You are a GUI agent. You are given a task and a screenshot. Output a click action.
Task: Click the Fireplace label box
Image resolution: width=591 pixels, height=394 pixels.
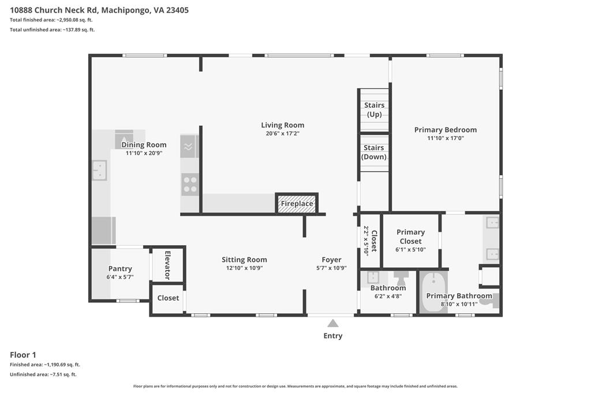pyautogui.click(x=297, y=204)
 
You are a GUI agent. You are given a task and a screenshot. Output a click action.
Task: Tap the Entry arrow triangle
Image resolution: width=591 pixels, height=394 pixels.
pyautogui.click(x=332, y=323)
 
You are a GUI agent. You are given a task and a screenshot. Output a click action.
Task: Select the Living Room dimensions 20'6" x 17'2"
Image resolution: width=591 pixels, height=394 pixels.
pyautogui.click(x=283, y=133)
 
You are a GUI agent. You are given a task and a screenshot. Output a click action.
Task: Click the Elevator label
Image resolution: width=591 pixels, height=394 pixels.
pyautogui.click(x=168, y=265)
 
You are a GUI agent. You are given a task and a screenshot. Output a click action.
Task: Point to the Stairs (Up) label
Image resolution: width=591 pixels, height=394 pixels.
pyautogui.click(x=374, y=110)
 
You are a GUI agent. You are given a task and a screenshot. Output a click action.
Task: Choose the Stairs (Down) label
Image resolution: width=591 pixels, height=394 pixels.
pyautogui.click(x=374, y=152)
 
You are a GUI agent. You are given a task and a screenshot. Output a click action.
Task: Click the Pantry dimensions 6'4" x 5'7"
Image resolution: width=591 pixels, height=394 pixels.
pyautogui.click(x=120, y=277)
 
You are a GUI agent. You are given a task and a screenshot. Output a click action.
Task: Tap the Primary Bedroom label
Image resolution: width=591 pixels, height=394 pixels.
pyautogui.click(x=446, y=130)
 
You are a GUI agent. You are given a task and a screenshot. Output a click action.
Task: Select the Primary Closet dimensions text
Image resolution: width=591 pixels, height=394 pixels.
pyautogui.click(x=410, y=249)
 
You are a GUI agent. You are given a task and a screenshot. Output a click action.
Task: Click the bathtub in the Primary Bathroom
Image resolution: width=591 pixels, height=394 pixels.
pyautogui.click(x=434, y=292)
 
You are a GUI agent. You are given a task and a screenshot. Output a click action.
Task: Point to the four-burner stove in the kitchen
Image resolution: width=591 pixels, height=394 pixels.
pyautogui.click(x=189, y=185)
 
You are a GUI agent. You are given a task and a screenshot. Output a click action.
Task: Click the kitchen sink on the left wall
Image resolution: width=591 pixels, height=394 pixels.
pyautogui.click(x=100, y=170)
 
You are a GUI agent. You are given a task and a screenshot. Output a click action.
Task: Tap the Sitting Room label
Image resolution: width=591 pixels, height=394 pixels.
pyautogui.click(x=244, y=260)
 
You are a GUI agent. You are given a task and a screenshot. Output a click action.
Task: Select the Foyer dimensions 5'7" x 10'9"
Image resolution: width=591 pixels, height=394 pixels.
pyautogui.click(x=331, y=268)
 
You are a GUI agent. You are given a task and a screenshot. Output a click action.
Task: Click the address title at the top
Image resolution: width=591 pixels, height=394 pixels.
pyautogui.click(x=99, y=10)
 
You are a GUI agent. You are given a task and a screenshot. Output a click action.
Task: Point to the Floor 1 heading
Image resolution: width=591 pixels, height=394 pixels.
pyautogui.click(x=23, y=355)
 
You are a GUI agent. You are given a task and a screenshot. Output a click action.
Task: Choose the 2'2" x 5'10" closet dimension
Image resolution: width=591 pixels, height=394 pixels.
pyautogui.click(x=366, y=241)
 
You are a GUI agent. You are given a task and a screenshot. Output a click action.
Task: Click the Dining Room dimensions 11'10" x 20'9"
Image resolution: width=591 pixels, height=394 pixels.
pyautogui.click(x=144, y=153)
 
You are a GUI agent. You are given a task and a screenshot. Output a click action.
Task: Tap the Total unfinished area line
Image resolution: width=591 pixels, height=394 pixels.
pyautogui.click(x=53, y=30)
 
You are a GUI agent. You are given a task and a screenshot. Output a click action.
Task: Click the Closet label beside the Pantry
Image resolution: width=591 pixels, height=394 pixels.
pyautogui.click(x=168, y=298)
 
